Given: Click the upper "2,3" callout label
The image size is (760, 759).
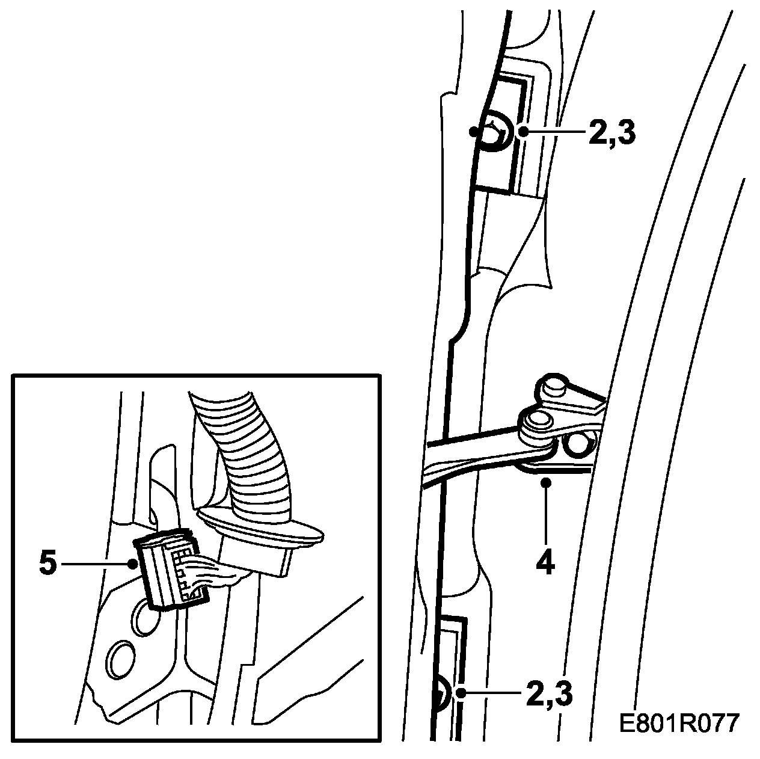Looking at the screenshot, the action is click(611, 133).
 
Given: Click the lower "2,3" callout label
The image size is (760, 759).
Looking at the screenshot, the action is click(549, 693).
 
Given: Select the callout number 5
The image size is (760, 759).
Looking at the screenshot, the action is click(48, 564).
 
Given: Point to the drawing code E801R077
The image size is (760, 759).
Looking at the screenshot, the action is click(679, 723).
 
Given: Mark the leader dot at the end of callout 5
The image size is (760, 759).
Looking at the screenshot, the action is click(132, 564).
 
